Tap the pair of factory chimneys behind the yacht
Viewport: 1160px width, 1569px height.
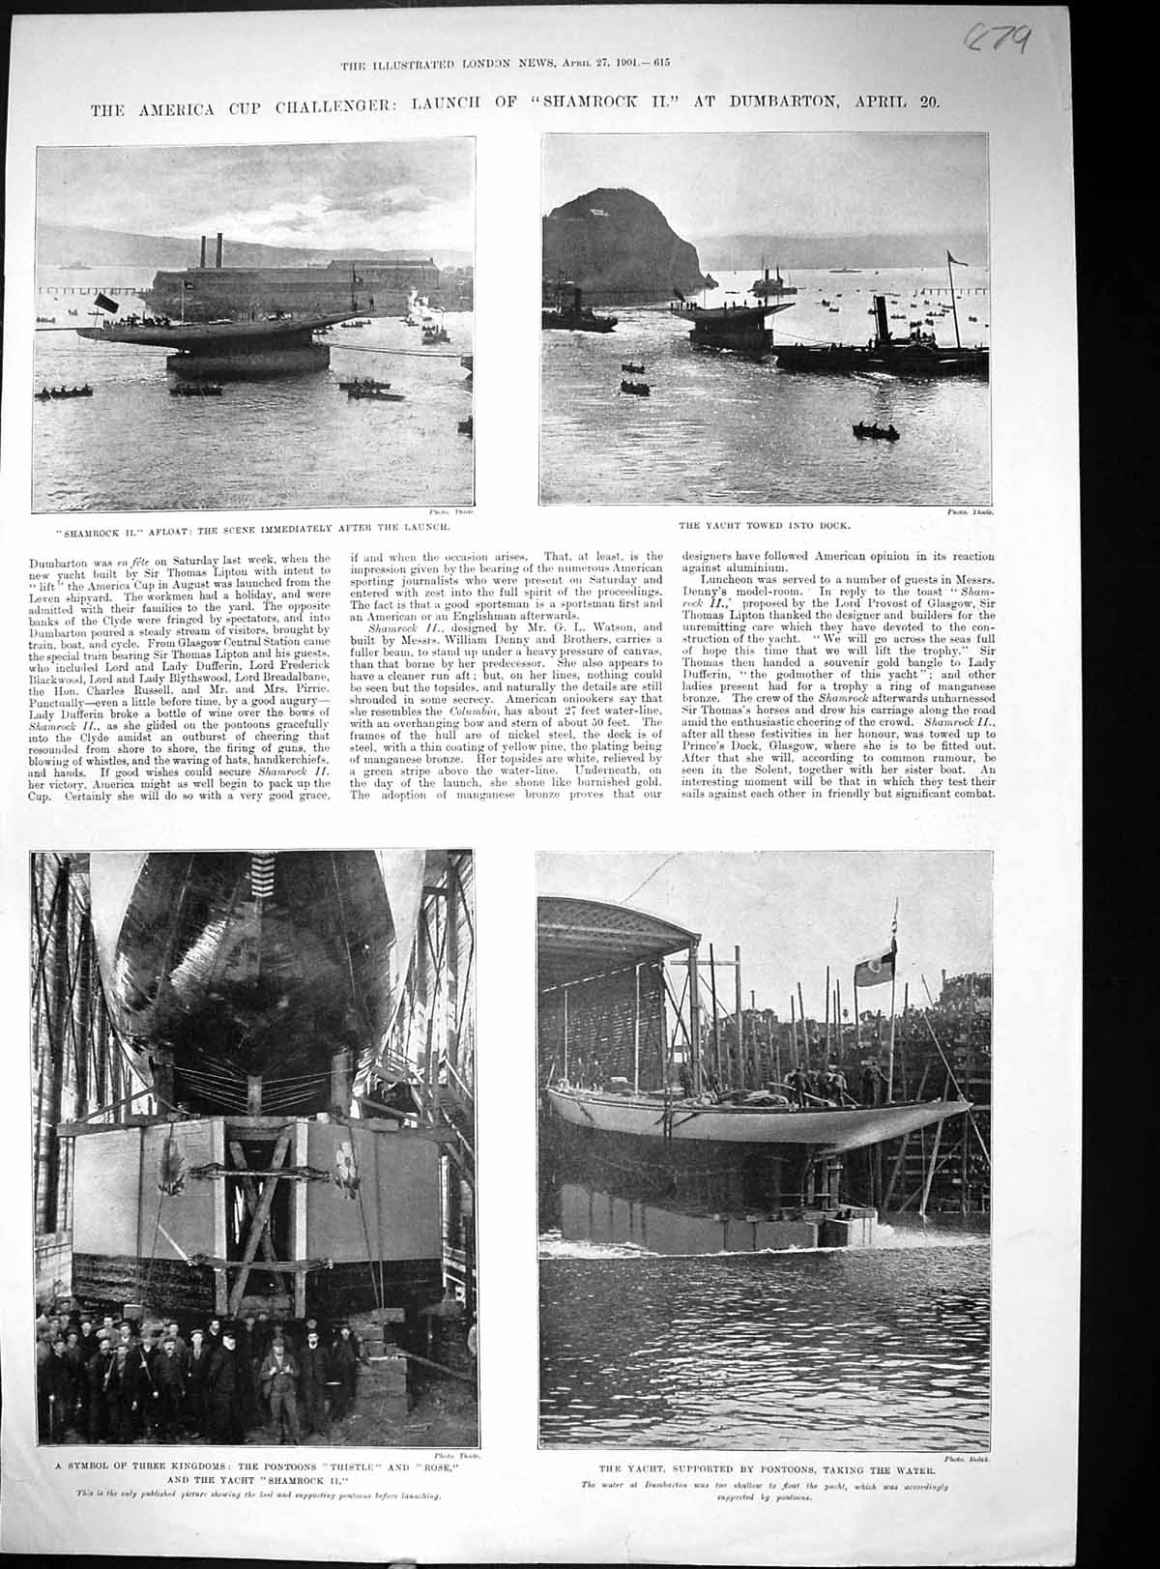pyautogui.click(x=210, y=250)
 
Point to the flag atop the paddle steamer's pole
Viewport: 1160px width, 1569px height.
pyautogui.click(x=957, y=258)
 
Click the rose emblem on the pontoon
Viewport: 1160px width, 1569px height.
pyautogui.click(x=342, y=1155)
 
